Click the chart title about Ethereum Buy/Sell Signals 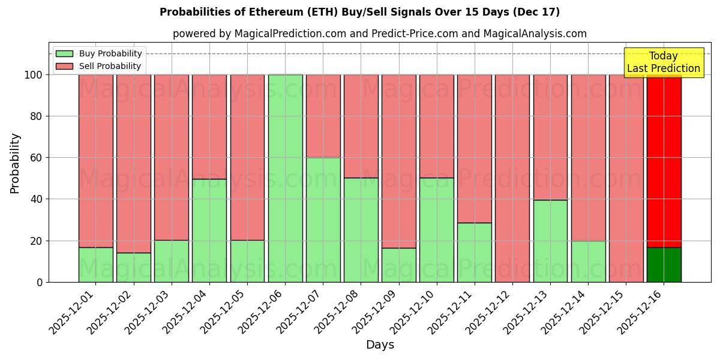point(359,12)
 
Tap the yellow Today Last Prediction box point(663,62)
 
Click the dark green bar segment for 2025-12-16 point(664,265)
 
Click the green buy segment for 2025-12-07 point(323,220)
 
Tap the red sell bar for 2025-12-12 point(512,178)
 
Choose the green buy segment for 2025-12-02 point(134,268)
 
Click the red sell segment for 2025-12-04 point(209,127)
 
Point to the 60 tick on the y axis point(37,158)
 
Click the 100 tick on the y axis point(34,75)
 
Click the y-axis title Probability point(15,163)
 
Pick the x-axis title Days point(380,345)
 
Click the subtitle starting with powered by point(379,34)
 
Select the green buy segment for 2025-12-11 point(475,252)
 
